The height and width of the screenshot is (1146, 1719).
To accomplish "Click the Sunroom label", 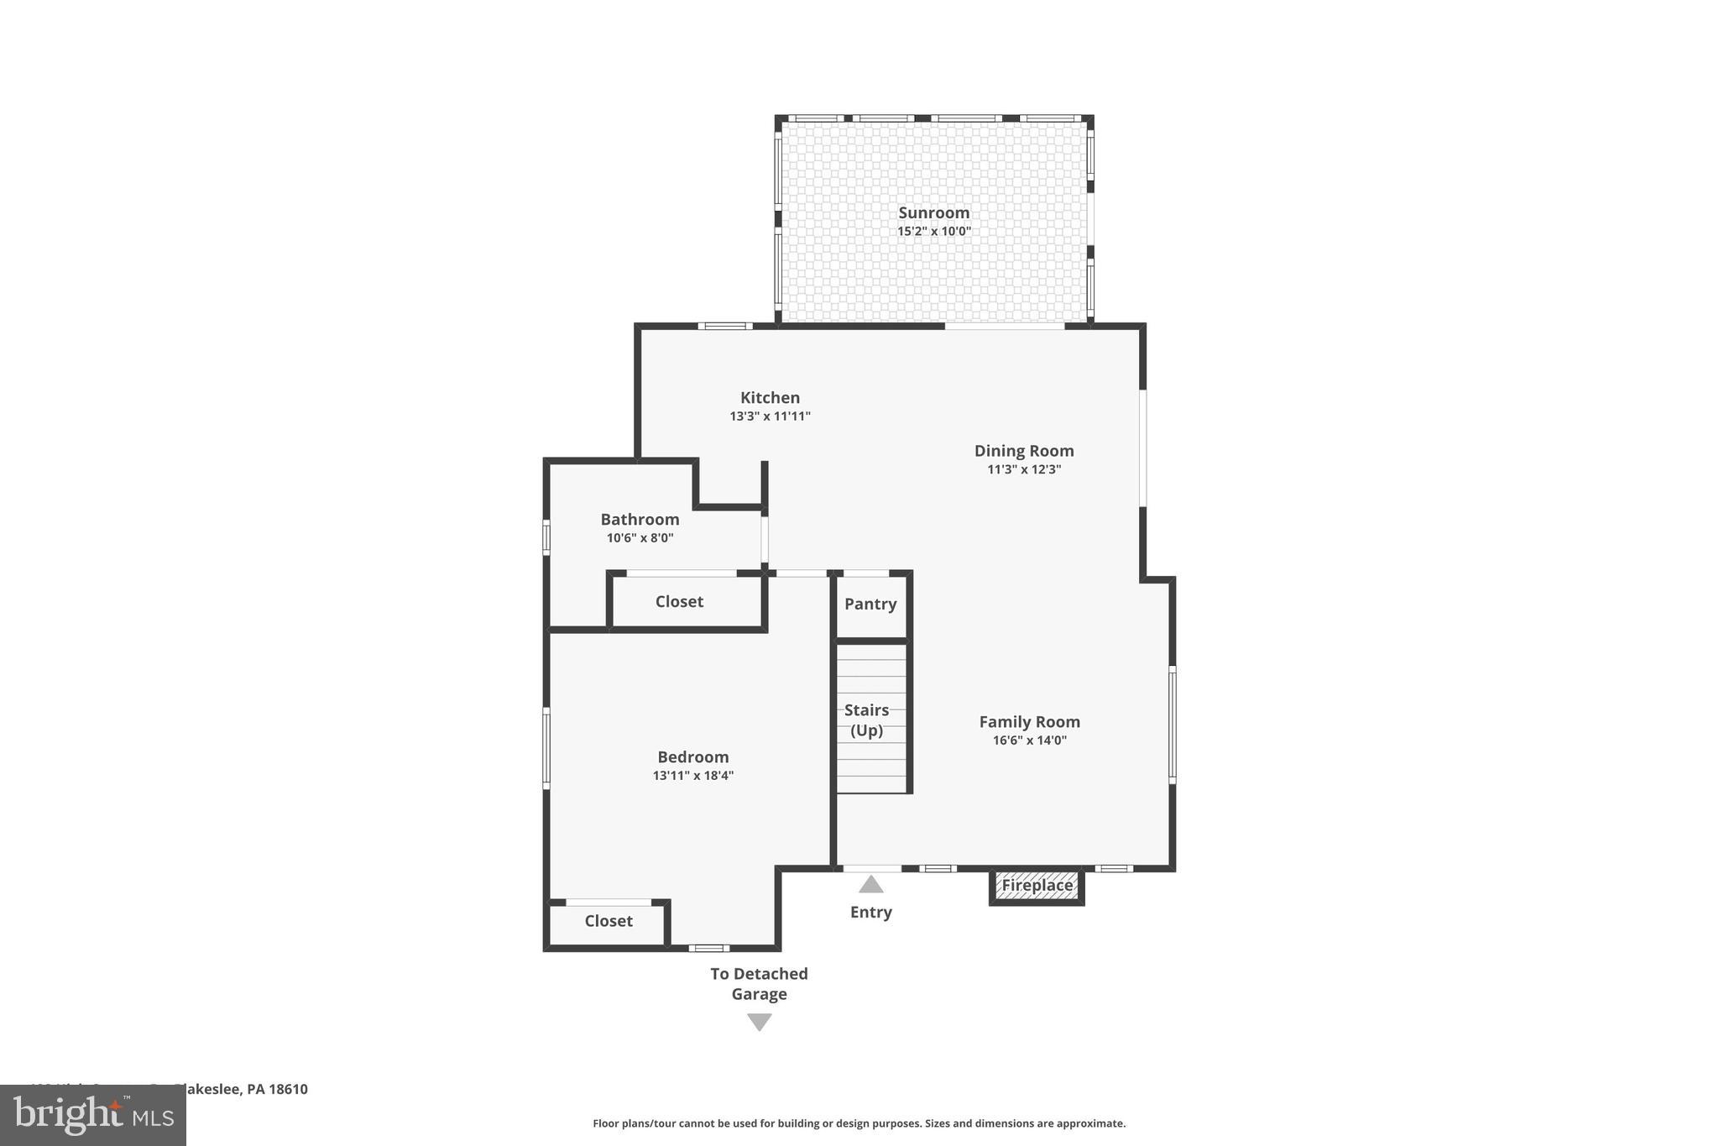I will point(933,212).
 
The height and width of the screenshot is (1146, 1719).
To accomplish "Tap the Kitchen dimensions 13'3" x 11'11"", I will point(770,416).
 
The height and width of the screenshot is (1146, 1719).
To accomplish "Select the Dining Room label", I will point(1023,451).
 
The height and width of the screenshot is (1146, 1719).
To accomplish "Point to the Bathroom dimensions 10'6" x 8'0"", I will point(640,538).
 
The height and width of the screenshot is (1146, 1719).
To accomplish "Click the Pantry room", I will point(870,604).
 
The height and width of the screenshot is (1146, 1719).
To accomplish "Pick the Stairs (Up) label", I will point(866,720).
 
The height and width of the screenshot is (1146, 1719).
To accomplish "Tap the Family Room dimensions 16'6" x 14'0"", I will point(1029,740).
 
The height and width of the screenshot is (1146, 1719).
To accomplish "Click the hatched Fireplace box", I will point(1037,886).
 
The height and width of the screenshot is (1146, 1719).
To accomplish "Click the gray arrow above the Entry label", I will point(870,884).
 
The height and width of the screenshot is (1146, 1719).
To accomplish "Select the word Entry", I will point(870,913).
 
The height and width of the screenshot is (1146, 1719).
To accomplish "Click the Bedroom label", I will point(692,757).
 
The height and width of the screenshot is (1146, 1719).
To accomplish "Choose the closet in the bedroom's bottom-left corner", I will point(608,922).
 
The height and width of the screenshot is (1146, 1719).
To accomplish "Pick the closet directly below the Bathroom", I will point(679,602).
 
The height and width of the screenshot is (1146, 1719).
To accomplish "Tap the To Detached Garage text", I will point(759,984).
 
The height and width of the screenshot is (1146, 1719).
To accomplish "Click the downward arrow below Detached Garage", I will point(759,1022).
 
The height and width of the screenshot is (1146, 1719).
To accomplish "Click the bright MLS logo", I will point(93,1115).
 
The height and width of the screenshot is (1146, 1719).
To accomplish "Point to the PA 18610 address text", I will point(277,1090).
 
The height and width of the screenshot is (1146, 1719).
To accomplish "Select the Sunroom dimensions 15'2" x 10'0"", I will point(933,232).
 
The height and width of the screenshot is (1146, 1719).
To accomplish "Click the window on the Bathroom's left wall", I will point(546,537).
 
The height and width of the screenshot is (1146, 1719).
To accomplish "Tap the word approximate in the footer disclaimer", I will point(1090,1123).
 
